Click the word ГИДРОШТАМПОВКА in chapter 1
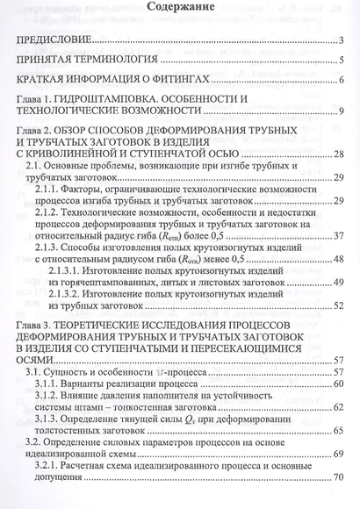pos(127,102)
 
